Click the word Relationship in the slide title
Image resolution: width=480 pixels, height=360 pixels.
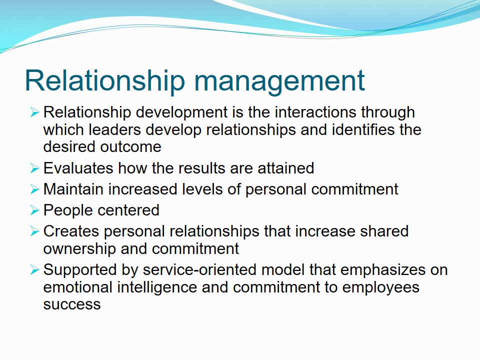click(x=105, y=81)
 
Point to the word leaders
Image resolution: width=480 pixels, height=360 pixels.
click(x=115, y=129)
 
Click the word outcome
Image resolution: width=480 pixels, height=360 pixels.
click(x=130, y=147)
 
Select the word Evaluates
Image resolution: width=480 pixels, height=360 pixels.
click(x=78, y=168)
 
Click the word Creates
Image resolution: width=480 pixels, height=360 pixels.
click(x=71, y=231)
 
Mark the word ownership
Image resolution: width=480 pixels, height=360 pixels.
click(x=79, y=249)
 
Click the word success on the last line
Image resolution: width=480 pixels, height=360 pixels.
click(x=72, y=305)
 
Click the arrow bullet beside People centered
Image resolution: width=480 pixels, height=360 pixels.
click(x=34, y=210)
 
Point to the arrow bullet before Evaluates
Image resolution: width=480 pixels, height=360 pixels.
click(x=34, y=168)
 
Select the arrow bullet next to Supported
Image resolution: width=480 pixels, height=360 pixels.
click(x=34, y=270)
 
